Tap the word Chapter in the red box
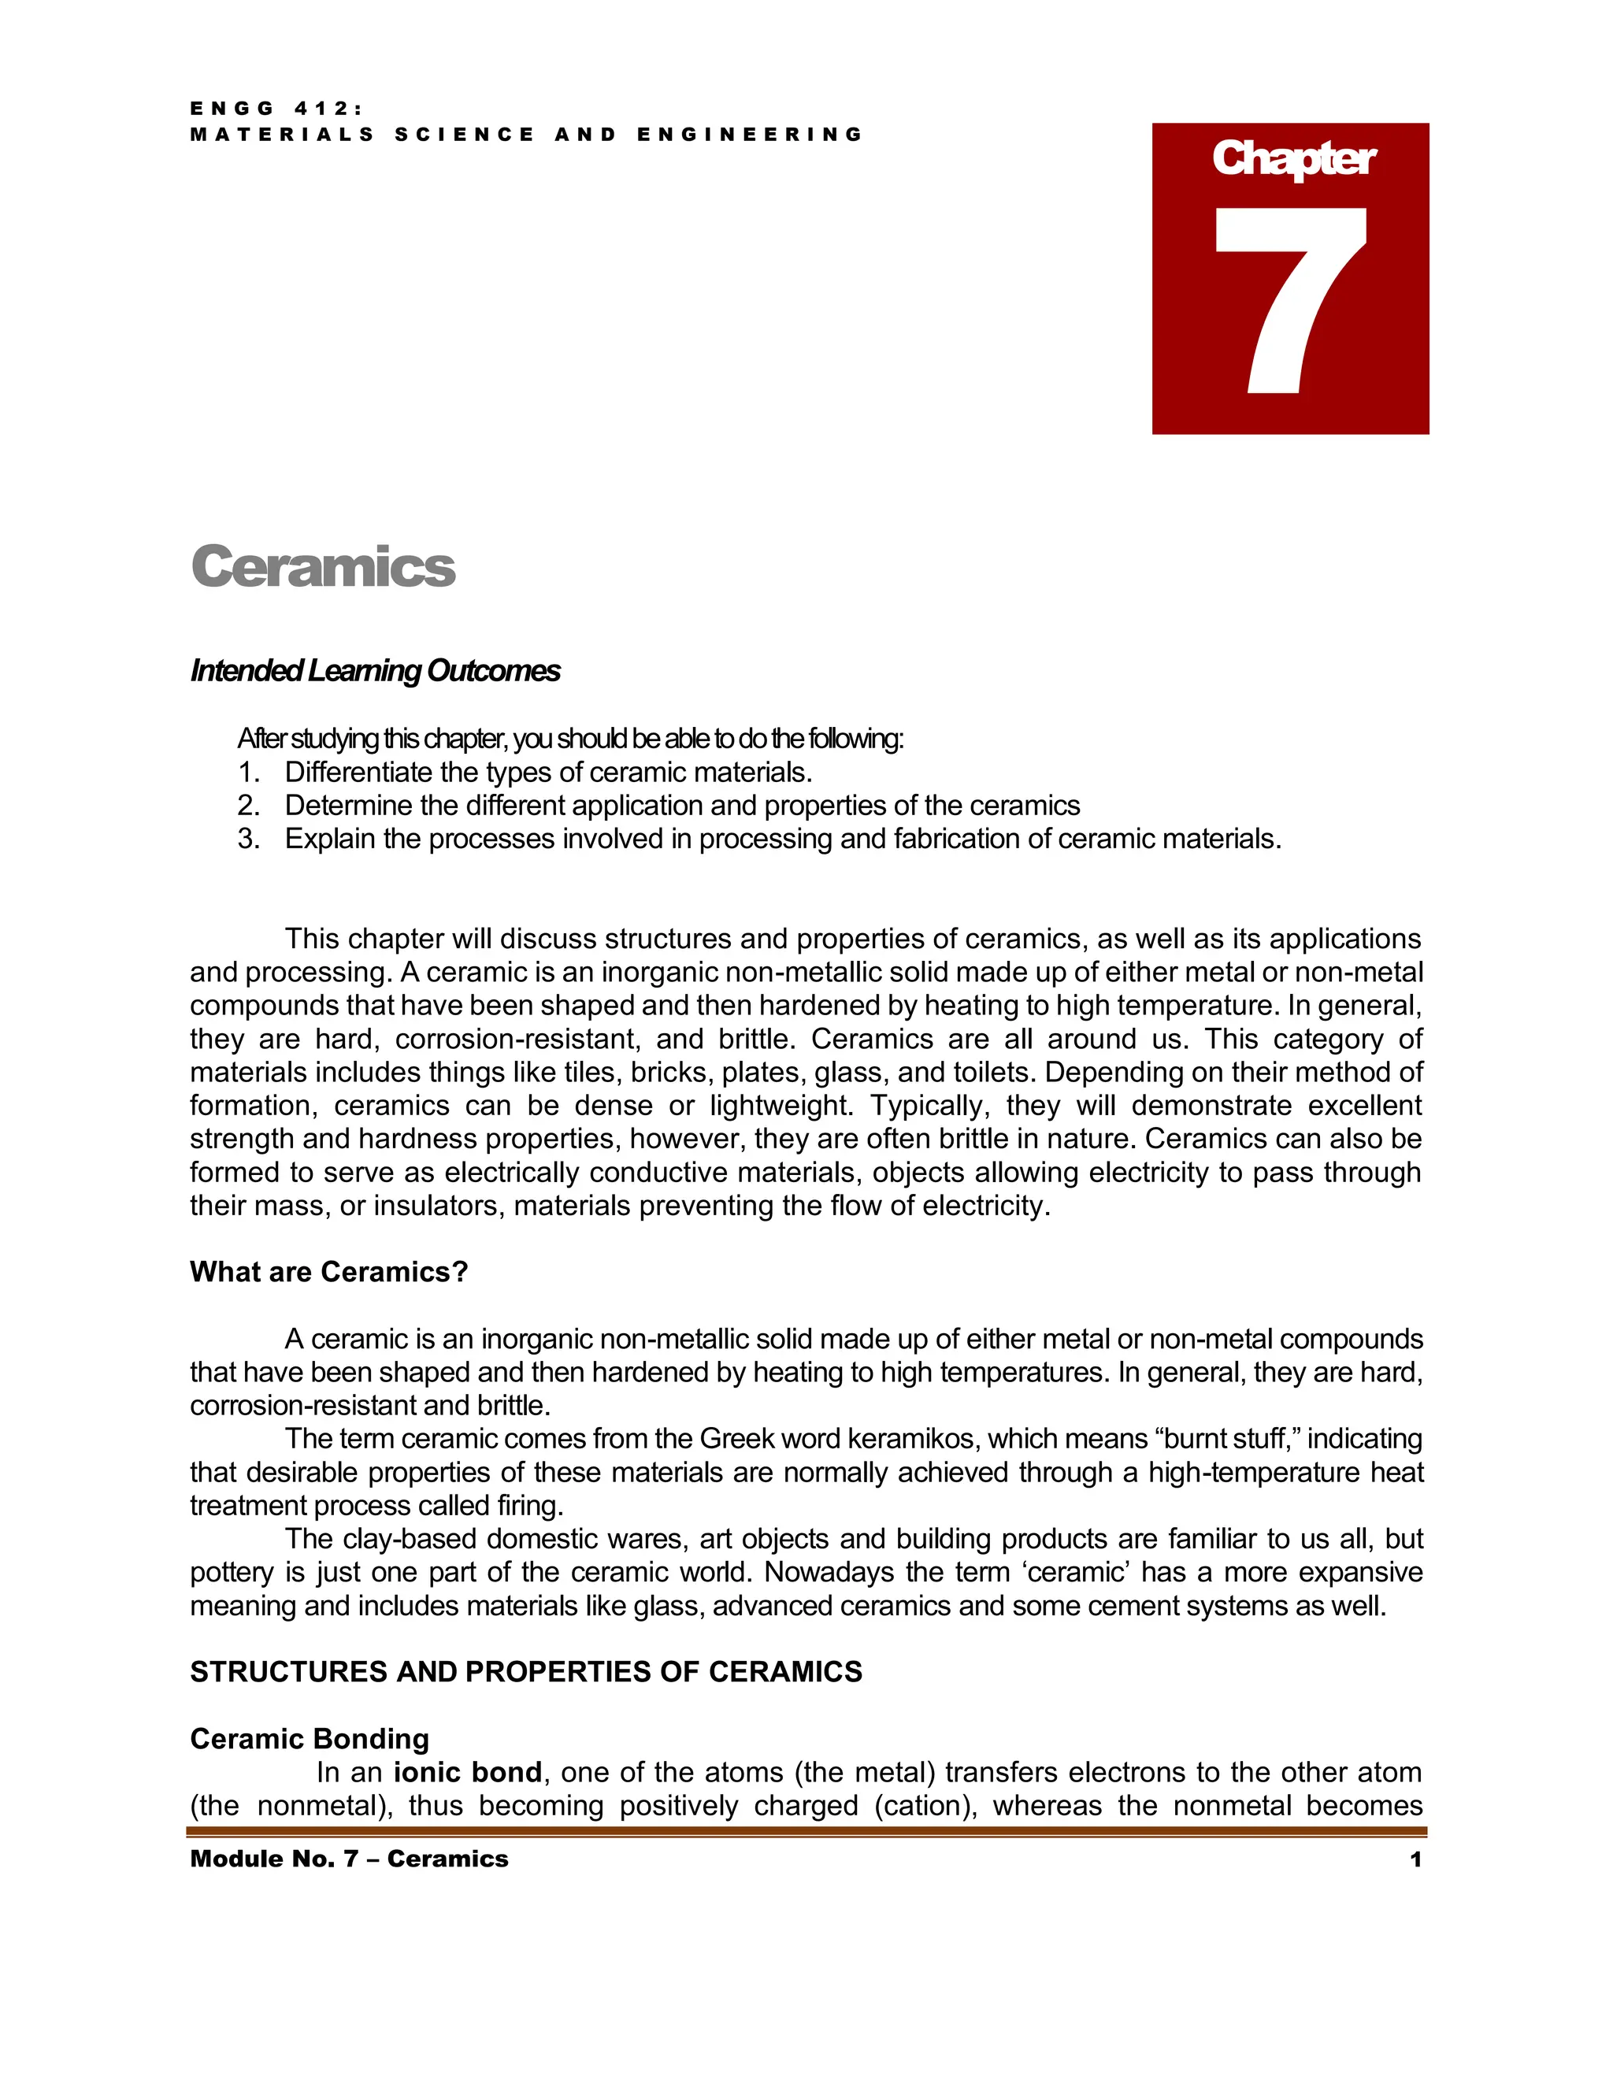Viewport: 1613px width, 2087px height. pos(1293,158)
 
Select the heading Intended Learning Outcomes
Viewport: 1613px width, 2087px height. pos(375,671)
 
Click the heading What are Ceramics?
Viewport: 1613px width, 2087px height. pos(328,1272)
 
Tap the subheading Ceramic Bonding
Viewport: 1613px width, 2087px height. pos(310,1739)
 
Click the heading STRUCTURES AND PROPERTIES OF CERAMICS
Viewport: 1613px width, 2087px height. pos(525,1672)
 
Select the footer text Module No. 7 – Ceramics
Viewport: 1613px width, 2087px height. pos(349,1859)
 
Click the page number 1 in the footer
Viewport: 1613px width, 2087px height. pos(1415,1859)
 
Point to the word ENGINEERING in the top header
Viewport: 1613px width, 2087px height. pos(750,135)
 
